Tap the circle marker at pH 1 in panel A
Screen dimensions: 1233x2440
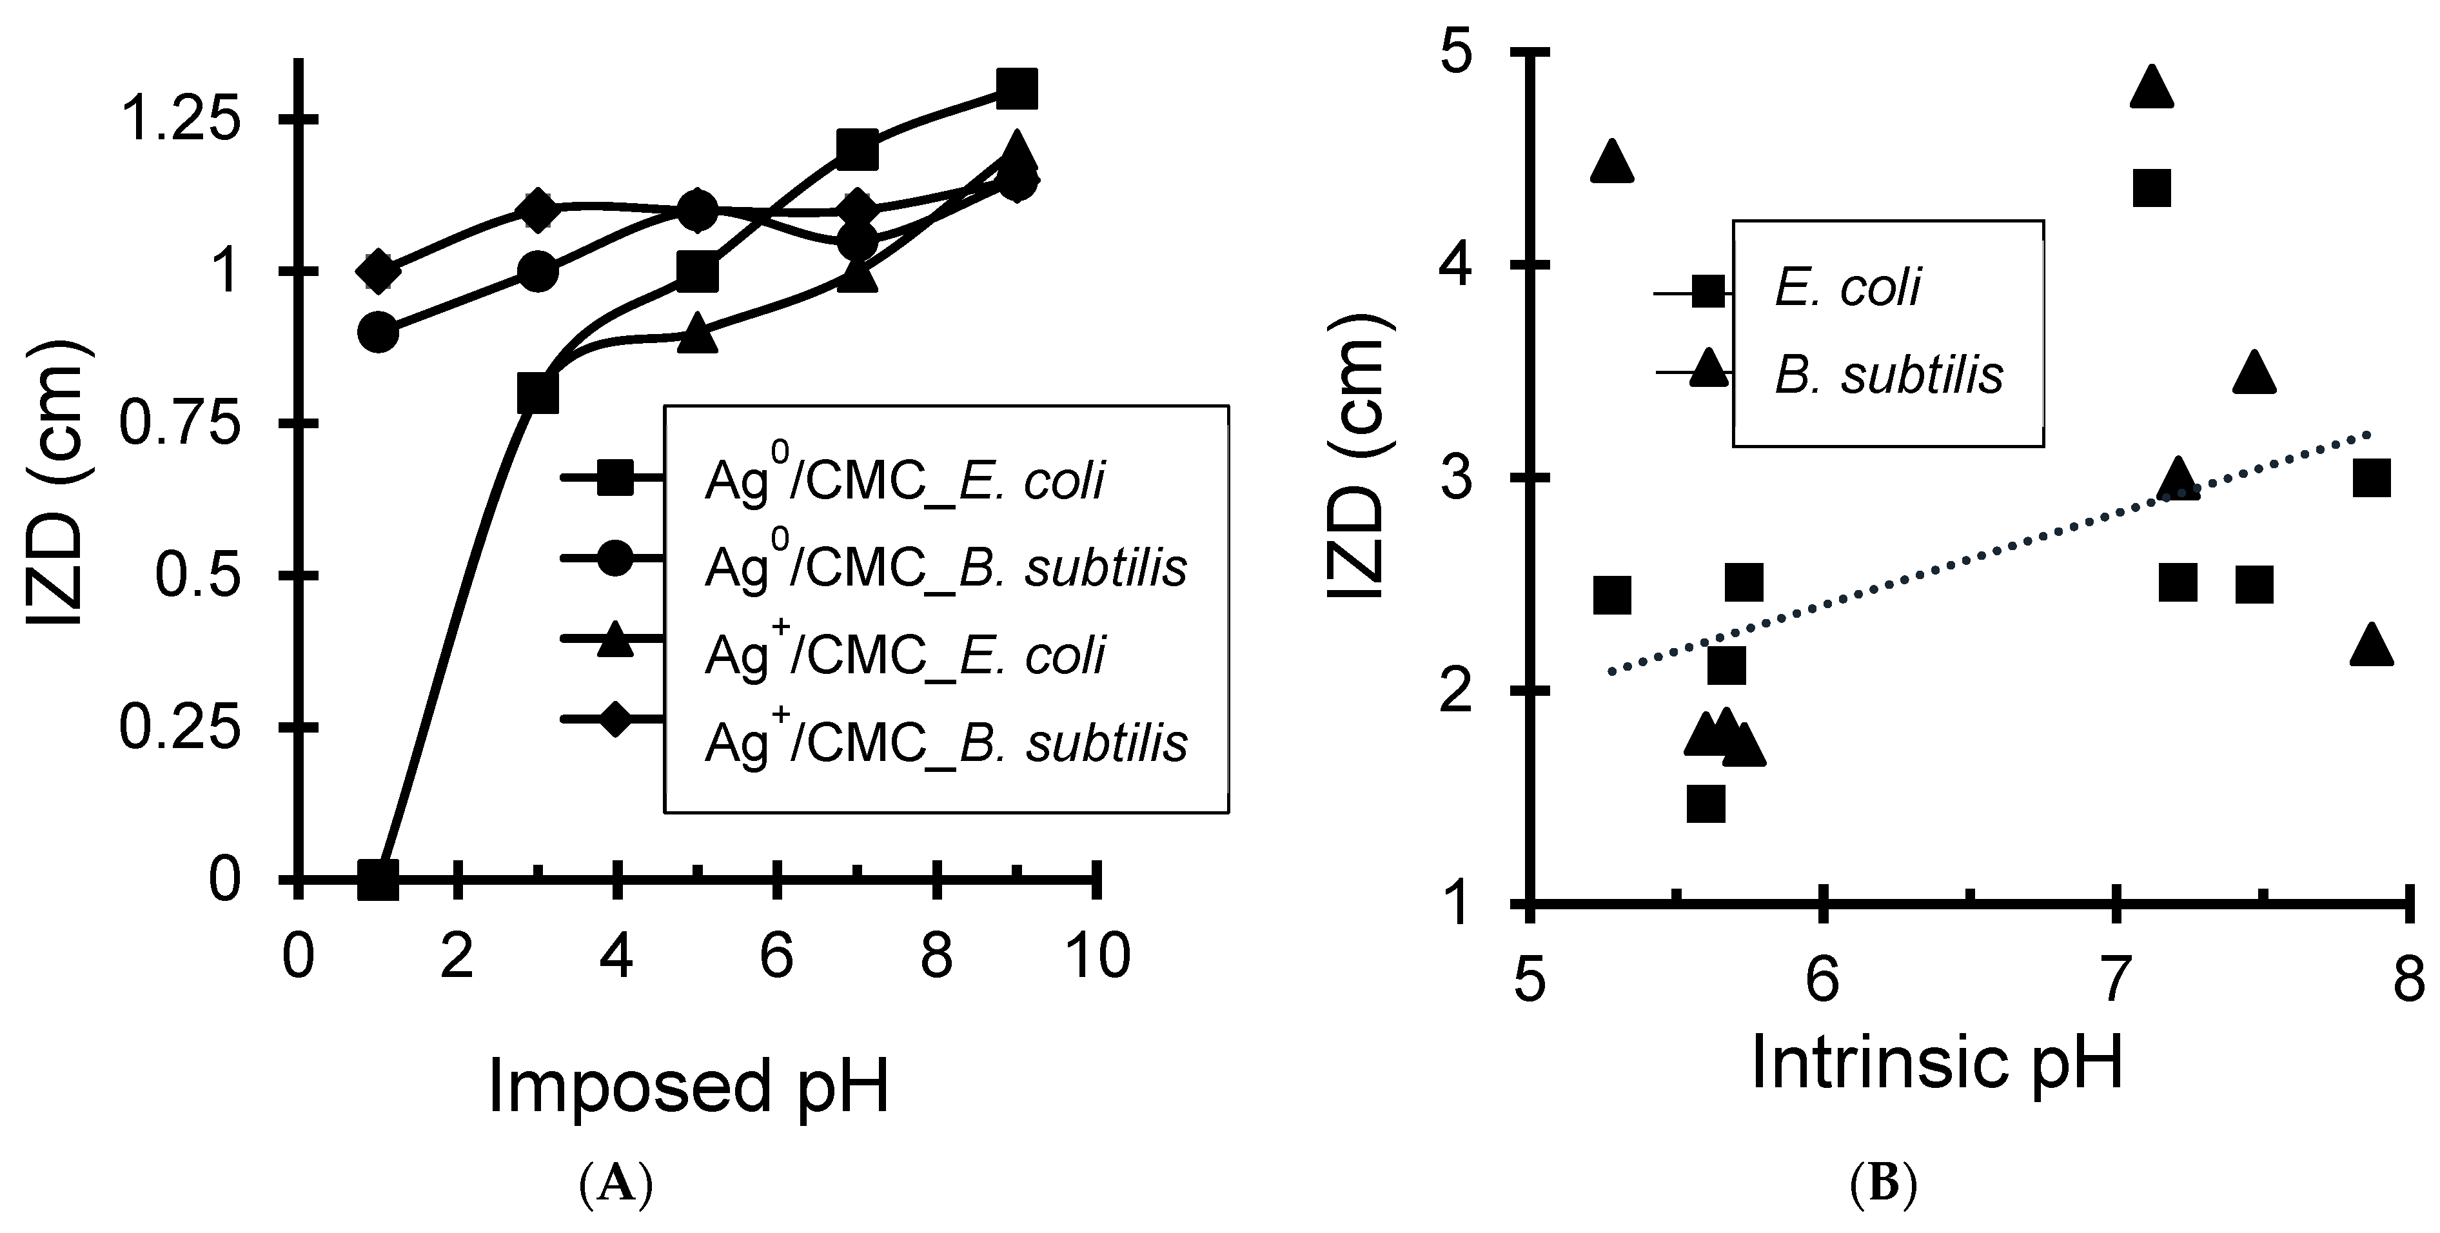pyautogui.click(x=378, y=332)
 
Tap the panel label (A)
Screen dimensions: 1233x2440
pyautogui.click(x=616, y=1184)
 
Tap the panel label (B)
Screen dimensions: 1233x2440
pyautogui.click(x=1883, y=1184)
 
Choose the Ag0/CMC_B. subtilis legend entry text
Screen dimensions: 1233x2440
pyautogui.click(x=945, y=568)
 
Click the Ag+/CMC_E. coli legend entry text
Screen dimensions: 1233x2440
pyautogui.click(x=905, y=655)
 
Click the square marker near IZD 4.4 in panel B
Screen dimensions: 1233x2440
pyautogui.click(x=2151, y=188)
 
